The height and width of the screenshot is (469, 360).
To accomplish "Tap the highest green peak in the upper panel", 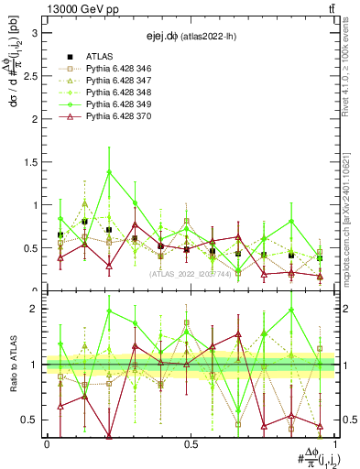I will point(110,171).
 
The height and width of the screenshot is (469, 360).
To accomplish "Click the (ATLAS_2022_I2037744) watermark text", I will point(191,273).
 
